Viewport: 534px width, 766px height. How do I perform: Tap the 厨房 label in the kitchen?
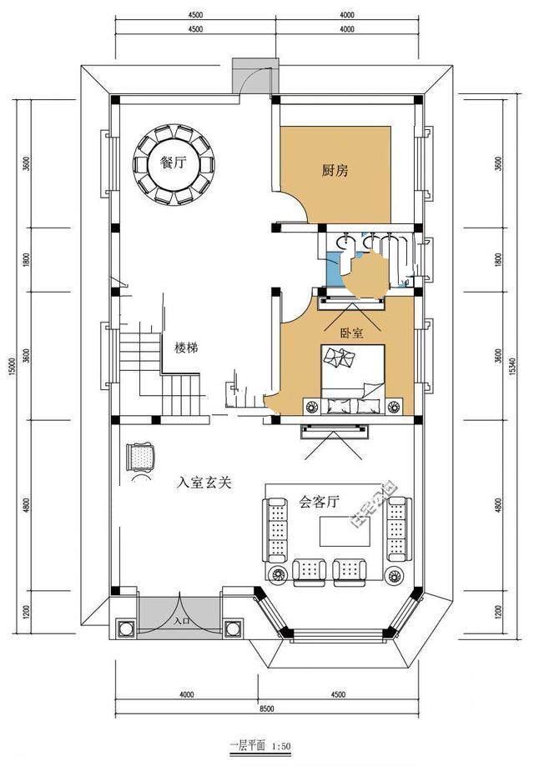[x=335, y=171]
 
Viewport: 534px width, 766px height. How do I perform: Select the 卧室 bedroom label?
[x=351, y=332]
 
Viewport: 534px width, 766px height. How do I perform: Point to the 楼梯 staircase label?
[x=185, y=348]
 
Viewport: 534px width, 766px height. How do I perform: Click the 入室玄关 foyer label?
[x=203, y=482]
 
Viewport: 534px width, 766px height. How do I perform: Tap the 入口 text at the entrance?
[x=182, y=622]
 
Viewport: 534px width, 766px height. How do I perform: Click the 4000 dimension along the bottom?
[x=185, y=694]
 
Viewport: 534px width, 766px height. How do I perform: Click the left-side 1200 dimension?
[x=27, y=613]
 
